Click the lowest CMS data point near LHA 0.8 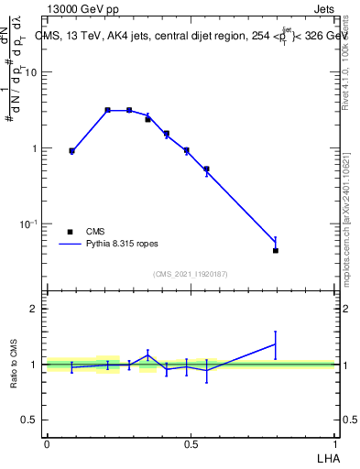click(276, 250)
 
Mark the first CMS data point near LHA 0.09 click(71, 150)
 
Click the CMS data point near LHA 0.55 click(207, 169)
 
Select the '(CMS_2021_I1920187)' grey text click(191, 273)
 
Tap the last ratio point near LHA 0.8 click(276, 344)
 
